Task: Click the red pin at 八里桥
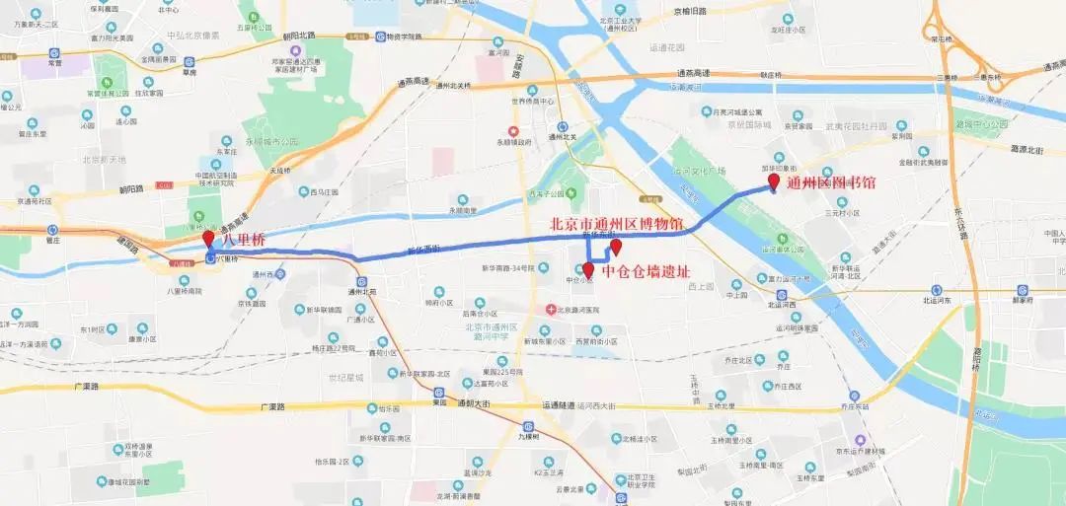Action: [x=207, y=240]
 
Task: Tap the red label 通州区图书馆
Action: [x=830, y=182]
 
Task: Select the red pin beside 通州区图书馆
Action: [x=773, y=182]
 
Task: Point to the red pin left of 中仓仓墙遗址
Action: [x=588, y=268]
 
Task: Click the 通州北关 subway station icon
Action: [x=561, y=126]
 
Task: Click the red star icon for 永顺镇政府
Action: [x=512, y=131]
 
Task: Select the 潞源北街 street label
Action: [x=1027, y=149]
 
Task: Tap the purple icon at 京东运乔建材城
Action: [x=860, y=440]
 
